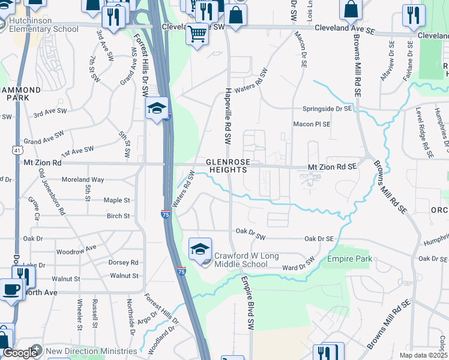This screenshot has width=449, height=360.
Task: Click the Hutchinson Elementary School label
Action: point(44,25)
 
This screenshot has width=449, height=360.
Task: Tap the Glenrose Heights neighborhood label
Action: point(227,166)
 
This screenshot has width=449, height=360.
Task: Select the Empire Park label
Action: point(349,259)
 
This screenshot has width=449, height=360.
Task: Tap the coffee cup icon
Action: point(11,290)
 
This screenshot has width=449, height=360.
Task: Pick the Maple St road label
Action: point(118,200)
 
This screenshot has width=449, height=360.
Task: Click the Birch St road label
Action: point(118,216)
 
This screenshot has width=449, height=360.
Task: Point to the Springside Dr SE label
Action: point(327,109)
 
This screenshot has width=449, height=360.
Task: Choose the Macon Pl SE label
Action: point(312,124)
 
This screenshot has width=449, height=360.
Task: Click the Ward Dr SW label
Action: point(298,264)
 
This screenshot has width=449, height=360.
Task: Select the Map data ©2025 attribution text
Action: point(424,355)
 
